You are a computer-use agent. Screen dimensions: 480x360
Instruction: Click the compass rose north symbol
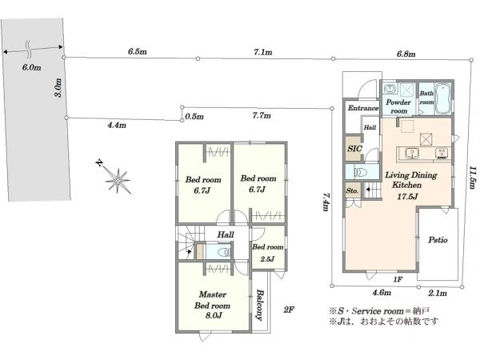click(118, 180)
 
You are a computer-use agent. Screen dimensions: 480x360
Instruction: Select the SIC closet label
click(354, 149)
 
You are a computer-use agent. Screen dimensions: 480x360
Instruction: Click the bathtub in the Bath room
click(442, 98)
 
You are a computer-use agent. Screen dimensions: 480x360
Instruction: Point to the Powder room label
click(398, 106)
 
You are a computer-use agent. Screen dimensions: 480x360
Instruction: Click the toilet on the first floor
click(361, 172)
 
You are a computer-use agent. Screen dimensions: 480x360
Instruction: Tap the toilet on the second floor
click(225, 252)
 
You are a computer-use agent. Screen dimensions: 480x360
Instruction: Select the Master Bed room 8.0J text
click(212, 305)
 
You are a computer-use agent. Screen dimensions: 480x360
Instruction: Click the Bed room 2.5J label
click(267, 253)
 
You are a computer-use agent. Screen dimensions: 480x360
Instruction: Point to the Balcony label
click(260, 305)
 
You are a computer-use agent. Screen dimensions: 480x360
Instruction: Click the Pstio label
click(438, 240)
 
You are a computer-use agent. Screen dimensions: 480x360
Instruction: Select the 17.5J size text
click(407, 197)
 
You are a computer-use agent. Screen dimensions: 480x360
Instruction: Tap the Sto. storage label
click(352, 190)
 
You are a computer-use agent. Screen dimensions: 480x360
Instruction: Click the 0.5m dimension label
click(194, 117)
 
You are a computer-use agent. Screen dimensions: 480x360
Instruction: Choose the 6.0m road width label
click(31, 67)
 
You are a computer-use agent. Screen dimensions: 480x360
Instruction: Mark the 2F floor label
click(288, 310)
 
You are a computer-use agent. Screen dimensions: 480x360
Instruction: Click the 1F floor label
click(398, 279)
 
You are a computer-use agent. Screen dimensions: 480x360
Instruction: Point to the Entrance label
click(363, 108)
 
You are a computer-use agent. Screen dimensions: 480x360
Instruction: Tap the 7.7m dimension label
click(262, 115)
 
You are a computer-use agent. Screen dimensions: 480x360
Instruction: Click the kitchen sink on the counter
click(412, 153)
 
